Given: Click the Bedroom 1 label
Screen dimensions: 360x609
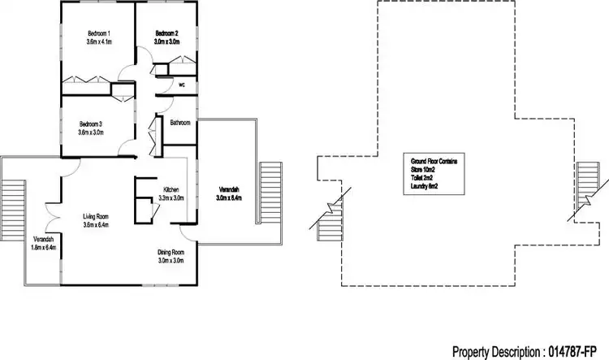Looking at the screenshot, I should (97, 33).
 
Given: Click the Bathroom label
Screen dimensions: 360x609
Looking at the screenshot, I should (179, 123).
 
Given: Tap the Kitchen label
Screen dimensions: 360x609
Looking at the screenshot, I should (171, 189).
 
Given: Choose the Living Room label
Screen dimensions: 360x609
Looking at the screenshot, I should (96, 216).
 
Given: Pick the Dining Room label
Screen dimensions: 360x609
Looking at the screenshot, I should (171, 253).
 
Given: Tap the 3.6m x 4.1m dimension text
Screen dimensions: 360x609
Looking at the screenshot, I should (97, 41).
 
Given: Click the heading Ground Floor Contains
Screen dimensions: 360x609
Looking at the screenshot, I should (434, 162).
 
